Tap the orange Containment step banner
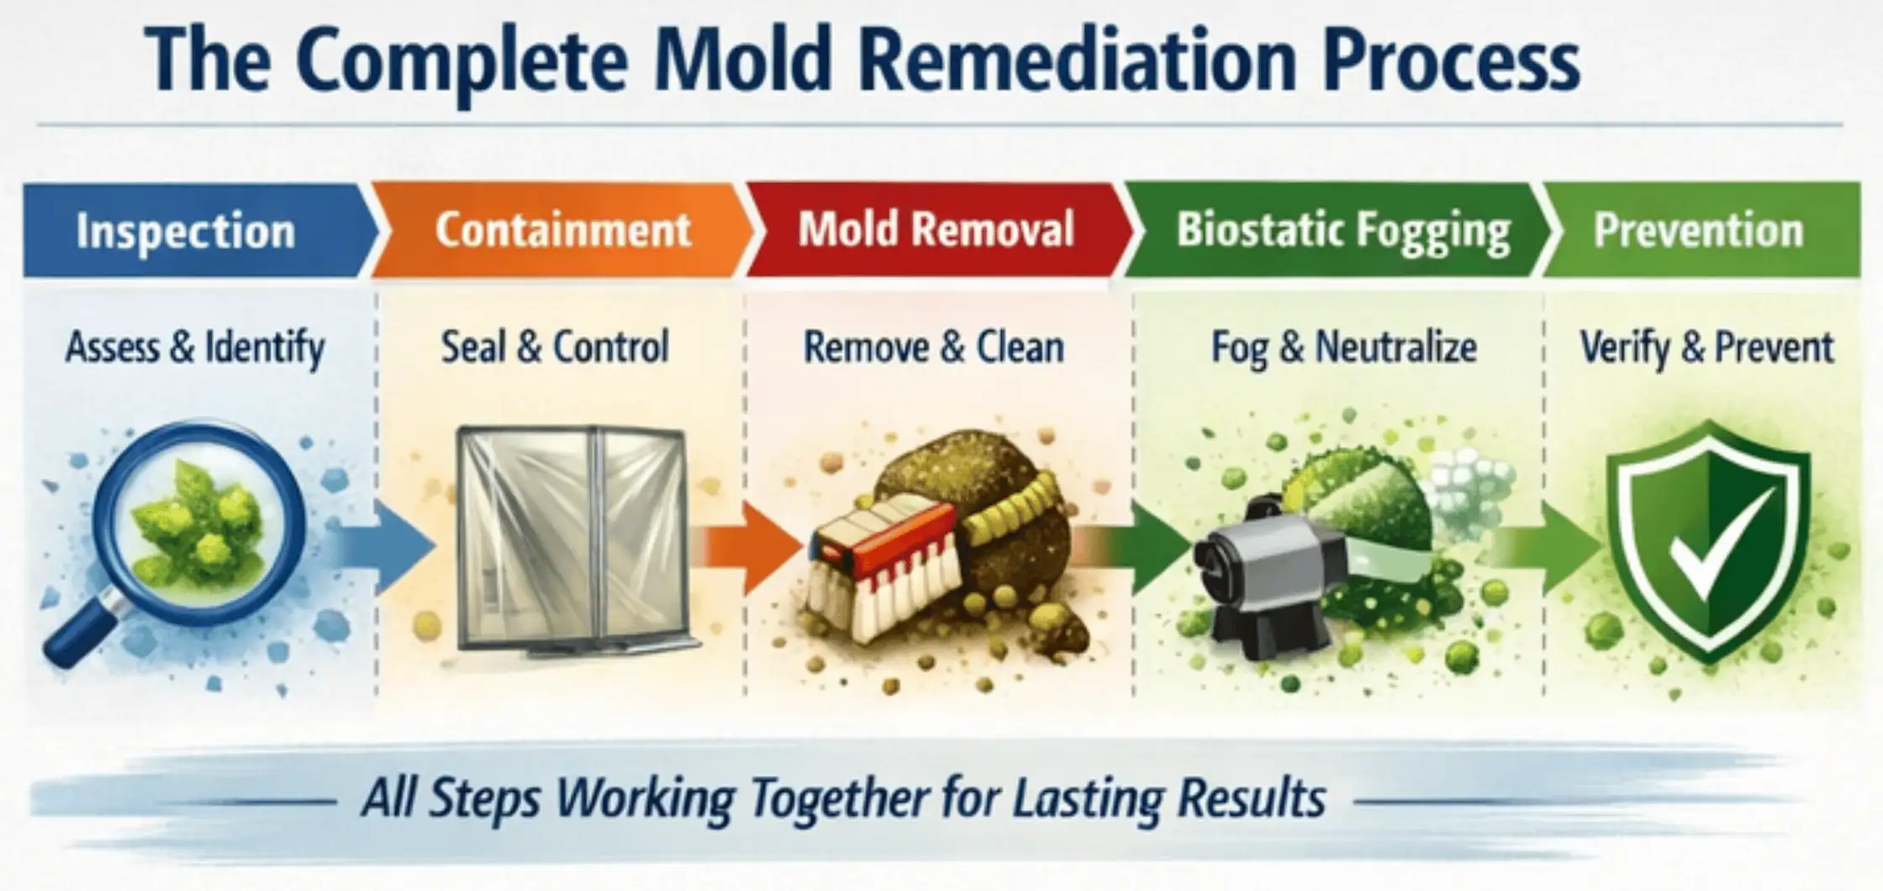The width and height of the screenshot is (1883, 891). (562, 231)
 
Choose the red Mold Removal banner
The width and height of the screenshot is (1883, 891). (936, 229)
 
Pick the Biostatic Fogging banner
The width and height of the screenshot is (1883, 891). (1342, 230)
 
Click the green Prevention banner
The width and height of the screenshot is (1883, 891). (1698, 230)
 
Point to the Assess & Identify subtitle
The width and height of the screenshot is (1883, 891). (195, 347)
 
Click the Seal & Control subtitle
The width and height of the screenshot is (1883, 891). (555, 347)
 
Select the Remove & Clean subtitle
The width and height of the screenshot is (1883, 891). (933, 347)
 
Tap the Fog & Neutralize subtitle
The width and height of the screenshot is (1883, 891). (1342, 347)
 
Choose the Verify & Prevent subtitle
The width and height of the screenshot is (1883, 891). (1706, 347)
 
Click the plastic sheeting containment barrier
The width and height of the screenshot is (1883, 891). (572, 538)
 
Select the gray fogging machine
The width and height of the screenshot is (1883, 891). (1261, 572)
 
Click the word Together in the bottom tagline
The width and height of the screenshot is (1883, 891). (836, 799)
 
